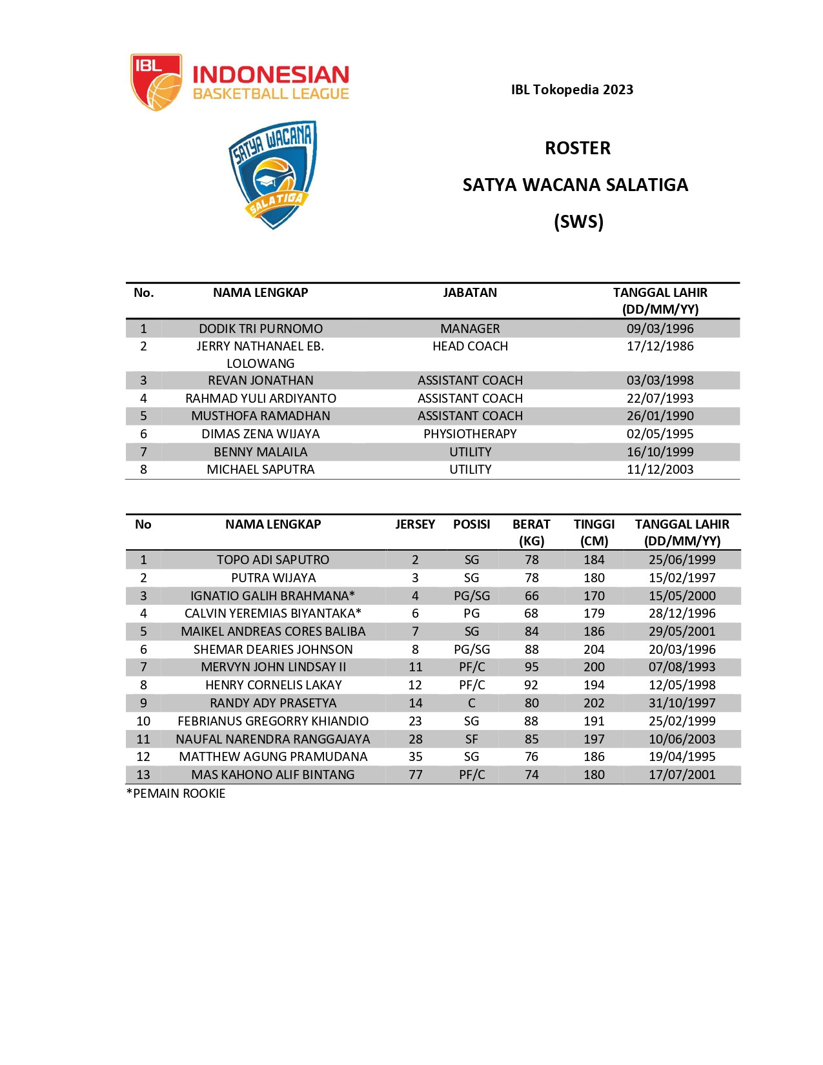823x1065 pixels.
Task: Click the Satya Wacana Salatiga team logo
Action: click(x=273, y=174)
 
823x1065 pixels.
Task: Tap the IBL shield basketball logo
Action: click(x=156, y=82)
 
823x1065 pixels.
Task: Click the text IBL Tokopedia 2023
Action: click(x=572, y=90)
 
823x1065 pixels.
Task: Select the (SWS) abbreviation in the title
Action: click(x=578, y=222)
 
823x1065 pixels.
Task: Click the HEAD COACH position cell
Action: click(x=470, y=347)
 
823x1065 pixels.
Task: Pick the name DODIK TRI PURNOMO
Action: click(x=260, y=329)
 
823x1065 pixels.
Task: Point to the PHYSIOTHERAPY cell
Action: click(x=470, y=434)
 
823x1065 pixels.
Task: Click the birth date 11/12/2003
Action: click(x=660, y=470)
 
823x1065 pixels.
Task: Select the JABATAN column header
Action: click(x=470, y=293)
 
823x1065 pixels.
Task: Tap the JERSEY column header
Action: click(x=415, y=525)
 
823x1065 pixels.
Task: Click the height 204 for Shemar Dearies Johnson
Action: click(x=594, y=650)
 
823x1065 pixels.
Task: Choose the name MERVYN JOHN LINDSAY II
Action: click(x=273, y=667)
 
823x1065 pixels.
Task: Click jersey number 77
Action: click(x=415, y=775)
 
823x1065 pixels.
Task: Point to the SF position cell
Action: click(x=471, y=740)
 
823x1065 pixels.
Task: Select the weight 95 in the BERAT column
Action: click(x=531, y=667)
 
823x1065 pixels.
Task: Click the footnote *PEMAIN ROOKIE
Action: click(x=176, y=794)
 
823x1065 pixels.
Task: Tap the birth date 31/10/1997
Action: click(x=682, y=704)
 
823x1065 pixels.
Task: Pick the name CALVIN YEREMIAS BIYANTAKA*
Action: click(x=273, y=614)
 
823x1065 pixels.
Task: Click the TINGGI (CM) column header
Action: click(x=594, y=532)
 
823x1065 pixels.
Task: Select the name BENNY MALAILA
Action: click(x=260, y=452)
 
